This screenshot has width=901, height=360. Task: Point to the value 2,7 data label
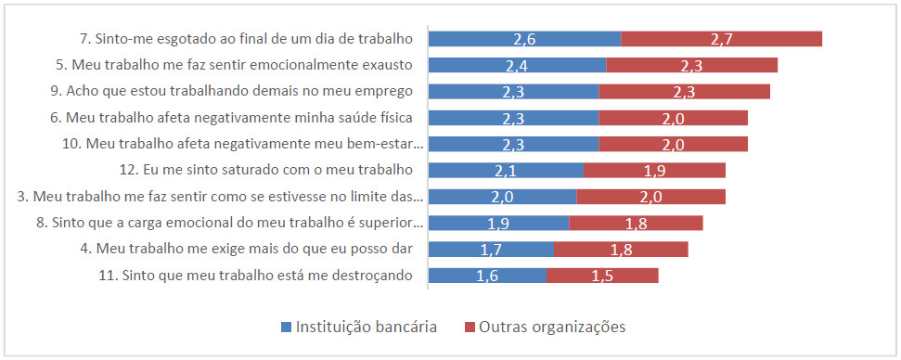[x=722, y=38]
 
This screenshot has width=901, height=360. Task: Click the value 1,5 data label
[x=602, y=276]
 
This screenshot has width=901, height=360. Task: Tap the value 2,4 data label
[x=517, y=65]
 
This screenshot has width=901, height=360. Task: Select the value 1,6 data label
[x=487, y=276]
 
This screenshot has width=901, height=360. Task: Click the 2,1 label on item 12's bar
[x=506, y=170]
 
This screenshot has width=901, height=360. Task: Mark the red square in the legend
[x=470, y=327]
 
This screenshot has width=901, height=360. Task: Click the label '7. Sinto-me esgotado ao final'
[x=245, y=39]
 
